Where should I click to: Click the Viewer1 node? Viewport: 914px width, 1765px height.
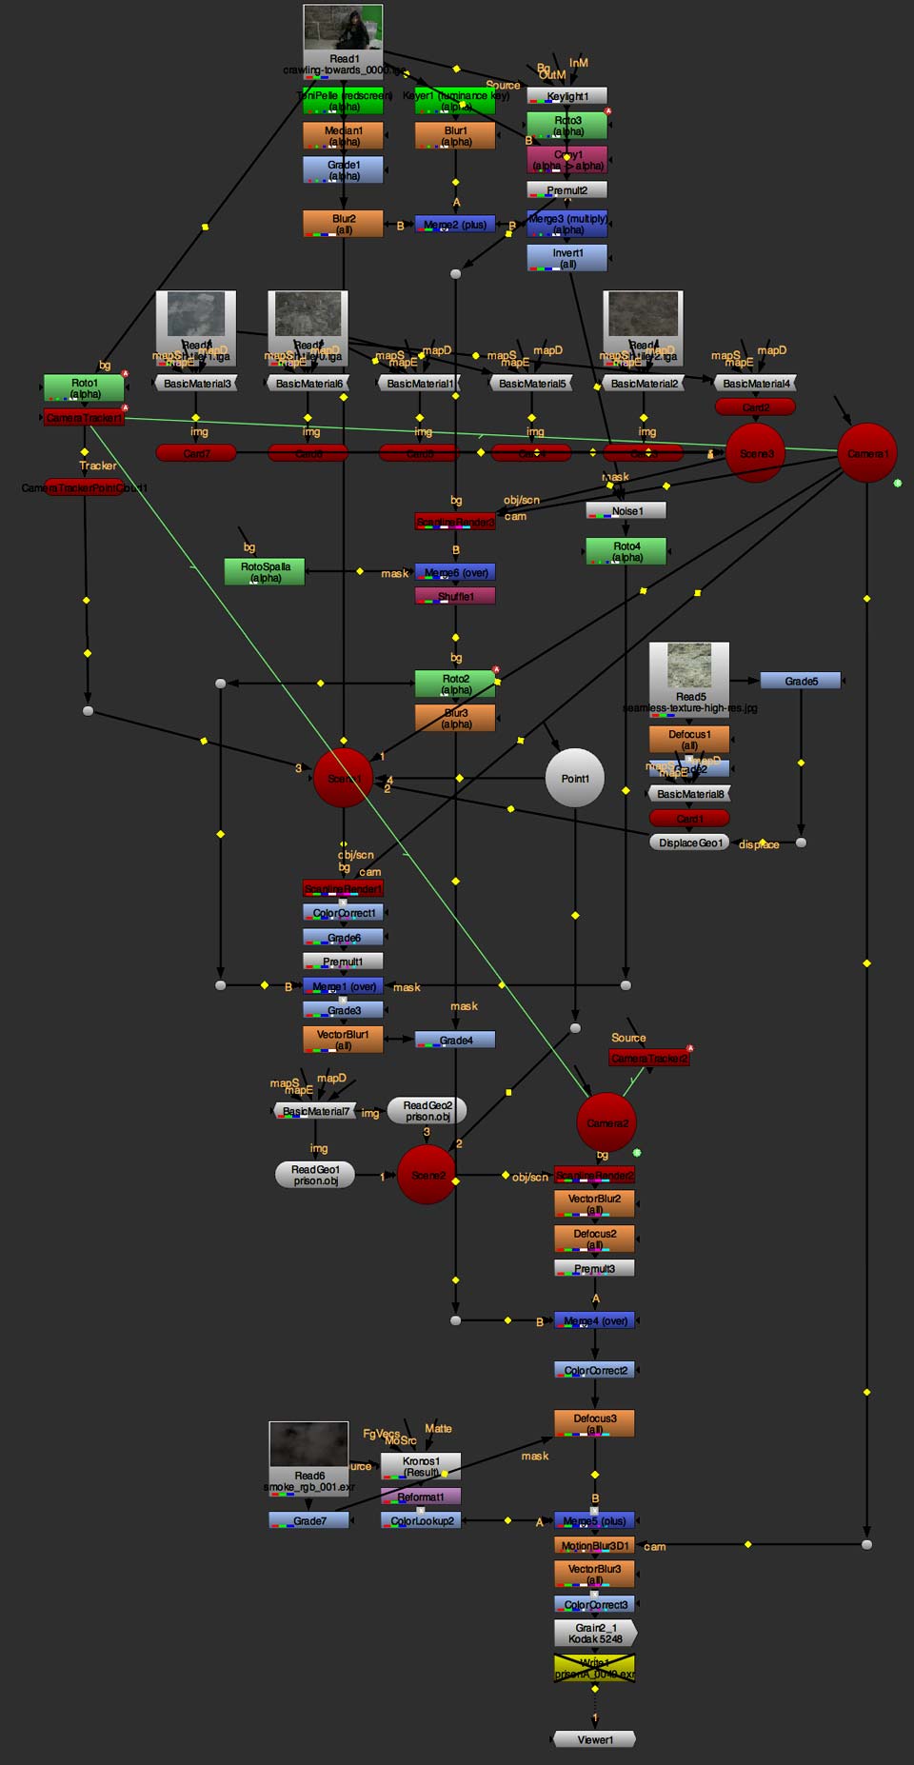click(x=594, y=1739)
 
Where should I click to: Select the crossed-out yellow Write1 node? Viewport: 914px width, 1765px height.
click(x=594, y=1668)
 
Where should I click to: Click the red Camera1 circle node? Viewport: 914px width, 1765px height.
click(x=867, y=453)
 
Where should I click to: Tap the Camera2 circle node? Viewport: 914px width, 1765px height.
click(x=606, y=1123)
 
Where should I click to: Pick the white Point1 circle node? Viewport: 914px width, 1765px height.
click(x=574, y=779)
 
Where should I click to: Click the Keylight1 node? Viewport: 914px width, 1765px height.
click(x=567, y=96)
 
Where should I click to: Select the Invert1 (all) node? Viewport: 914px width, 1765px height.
click(x=567, y=258)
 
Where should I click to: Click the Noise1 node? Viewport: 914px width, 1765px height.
click(x=626, y=511)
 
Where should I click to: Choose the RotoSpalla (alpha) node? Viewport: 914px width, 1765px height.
click(x=265, y=572)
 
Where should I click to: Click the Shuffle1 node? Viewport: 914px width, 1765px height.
click(x=455, y=596)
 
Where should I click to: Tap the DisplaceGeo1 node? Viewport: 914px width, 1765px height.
click(x=690, y=843)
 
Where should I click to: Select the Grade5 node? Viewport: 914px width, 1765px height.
click(x=801, y=681)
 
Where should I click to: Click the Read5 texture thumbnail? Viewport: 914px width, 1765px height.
click(x=688, y=665)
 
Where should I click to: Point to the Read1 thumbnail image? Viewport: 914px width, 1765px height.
click(x=343, y=28)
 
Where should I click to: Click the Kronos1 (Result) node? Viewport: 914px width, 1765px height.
click(x=421, y=1466)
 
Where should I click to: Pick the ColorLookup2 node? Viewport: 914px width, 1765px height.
click(x=421, y=1520)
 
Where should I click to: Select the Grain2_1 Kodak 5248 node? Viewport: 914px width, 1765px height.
click(x=595, y=1634)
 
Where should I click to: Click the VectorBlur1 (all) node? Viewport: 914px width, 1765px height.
click(x=343, y=1040)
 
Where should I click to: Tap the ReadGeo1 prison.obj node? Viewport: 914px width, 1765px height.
click(x=315, y=1175)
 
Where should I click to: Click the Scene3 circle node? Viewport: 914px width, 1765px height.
click(x=756, y=453)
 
